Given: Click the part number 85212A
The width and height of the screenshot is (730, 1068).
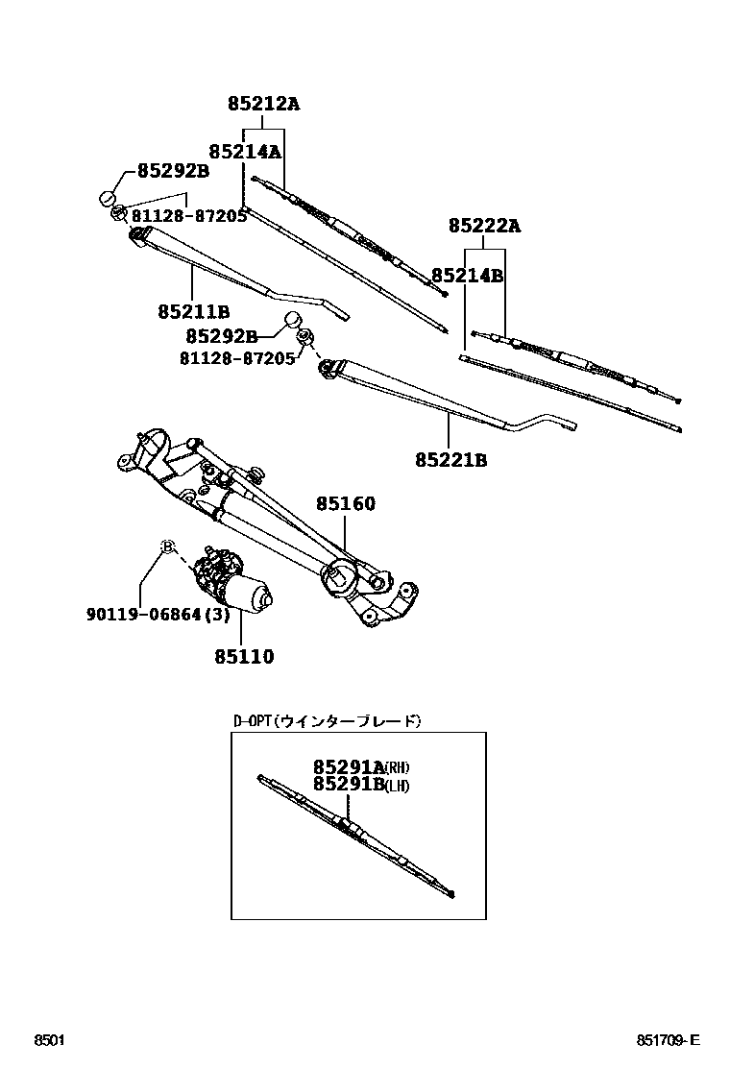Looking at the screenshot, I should click(x=263, y=104).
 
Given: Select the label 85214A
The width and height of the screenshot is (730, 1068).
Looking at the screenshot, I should click(x=244, y=151).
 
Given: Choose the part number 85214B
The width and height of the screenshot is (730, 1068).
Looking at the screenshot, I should click(x=467, y=276).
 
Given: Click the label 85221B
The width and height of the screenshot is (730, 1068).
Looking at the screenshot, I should click(x=450, y=461).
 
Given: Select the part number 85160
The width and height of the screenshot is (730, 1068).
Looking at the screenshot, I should click(x=346, y=504).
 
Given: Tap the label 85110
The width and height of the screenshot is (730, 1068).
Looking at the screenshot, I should click(x=243, y=658).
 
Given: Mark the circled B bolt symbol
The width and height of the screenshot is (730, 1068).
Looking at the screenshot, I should click(x=166, y=546).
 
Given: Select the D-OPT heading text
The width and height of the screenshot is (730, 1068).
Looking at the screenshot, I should click(x=327, y=720).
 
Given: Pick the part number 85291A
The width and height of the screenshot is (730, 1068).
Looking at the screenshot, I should click(x=347, y=766).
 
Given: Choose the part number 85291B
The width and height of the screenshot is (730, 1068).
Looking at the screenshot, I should click(x=347, y=785).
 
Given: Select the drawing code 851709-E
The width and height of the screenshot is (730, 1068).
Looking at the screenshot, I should click(x=668, y=1041).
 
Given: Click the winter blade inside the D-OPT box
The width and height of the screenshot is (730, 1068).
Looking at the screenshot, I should click(x=355, y=834).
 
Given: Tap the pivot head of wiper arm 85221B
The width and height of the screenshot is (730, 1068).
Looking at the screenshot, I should click(x=328, y=365).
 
